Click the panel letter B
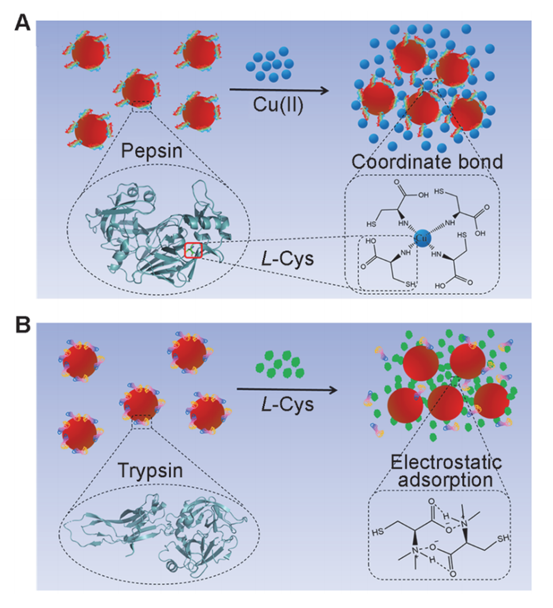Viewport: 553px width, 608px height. (21, 326)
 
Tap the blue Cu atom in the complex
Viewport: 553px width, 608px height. (425, 239)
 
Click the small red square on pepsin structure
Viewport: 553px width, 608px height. (193, 251)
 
